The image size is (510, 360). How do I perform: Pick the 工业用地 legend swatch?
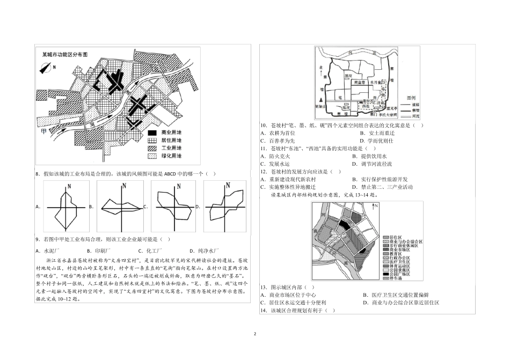pyautogui.click(x=152, y=148)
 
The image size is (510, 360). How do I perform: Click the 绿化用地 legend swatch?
pyautogui.click(x=152, y=156)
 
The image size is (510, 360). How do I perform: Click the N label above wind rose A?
pyautogui.click(x=69, y=186)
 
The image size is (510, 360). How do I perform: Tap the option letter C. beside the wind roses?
pyautogui.click(x=145, y=207)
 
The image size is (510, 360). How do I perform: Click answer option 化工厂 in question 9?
pyautogui.click(x=147, y=251)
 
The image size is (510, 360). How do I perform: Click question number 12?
pyautogui.click(x=263, y=172)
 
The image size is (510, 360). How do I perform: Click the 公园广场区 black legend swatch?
pyautogui.click(x=384, y=274)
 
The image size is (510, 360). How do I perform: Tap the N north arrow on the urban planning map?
pyautogui.click(x=376, y=207)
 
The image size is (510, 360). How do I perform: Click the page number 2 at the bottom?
pyautogui.click(x=255, y=334)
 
